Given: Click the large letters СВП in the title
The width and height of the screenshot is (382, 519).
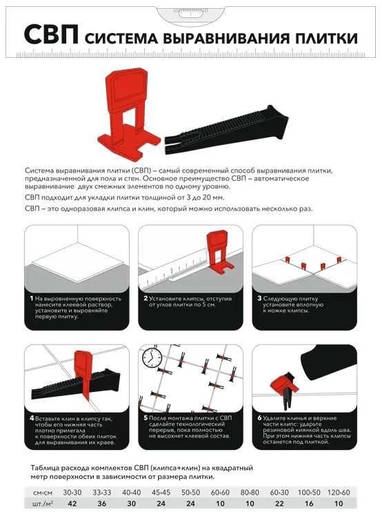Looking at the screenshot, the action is pyautogui.click(x=51, y=35).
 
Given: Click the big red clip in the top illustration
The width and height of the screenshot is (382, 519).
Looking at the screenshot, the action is pyautogui.click(x=129, y=112).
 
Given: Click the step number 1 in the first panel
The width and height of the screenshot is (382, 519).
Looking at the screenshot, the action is pyautogui.click(x=32, y=299).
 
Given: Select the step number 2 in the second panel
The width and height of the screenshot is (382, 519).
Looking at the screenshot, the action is pyautogui.click(x=145, y=299).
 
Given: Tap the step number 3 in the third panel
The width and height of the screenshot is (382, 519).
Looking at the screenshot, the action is pyautogui.click(x=260, y=299).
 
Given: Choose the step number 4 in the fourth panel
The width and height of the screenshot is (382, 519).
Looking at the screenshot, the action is pyautogui.click(x=32, y=418).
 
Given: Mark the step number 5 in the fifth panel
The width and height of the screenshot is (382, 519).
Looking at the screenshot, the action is pyautogui.click(x=145, y=418).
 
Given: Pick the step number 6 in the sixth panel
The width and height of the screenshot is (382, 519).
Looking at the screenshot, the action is pyautogui.click(x=260, y=418).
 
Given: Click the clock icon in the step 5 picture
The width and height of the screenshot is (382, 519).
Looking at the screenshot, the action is pyautogui.click(x=152, y=357).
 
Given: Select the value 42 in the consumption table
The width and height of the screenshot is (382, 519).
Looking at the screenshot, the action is pyautogui.click(x=72, y=503).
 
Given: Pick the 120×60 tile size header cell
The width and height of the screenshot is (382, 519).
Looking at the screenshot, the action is pyautogui.click(x=339, y=493).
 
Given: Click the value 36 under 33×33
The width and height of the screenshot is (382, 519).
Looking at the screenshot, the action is pyautogui.click(x=102, y=503).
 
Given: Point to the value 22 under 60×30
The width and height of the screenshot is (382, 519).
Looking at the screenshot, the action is pyautogui.click(x=279, y=503).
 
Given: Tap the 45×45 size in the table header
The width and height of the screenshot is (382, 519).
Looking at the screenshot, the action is pyautogui.click(x=161, y=493).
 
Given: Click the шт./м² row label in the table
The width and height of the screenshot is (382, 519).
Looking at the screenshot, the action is pyautogui.click(x=43, y=503).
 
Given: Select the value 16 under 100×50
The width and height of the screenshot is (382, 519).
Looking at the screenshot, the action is pyautogui.click(x=309, y=503).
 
